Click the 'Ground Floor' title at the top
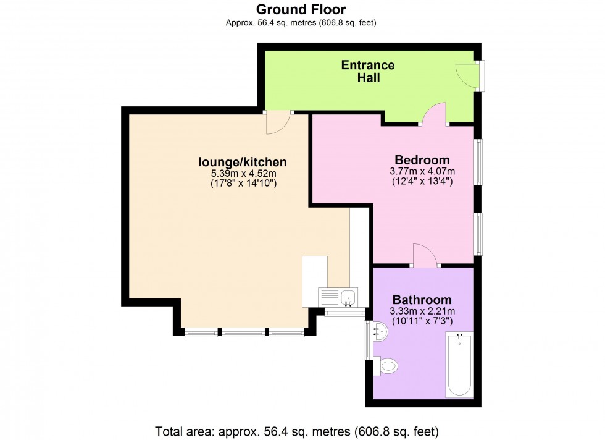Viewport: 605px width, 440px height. point(301,9)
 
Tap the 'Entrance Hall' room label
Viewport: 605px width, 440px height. point(368,72)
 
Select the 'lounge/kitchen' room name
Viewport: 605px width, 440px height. point(242,162)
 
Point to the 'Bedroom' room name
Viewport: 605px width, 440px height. point(422,159)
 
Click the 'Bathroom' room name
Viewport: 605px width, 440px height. point(422,299)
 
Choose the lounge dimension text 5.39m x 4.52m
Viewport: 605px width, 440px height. point(242,174)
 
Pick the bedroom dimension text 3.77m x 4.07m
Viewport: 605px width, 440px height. point(422,171)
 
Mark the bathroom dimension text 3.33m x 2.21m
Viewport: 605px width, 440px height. point(422,311)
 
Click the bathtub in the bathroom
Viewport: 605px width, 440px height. point(459,363)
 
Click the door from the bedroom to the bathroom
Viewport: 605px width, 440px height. point(425,255)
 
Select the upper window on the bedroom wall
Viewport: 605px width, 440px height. point(478,162)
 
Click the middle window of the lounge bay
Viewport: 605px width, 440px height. point(243,332)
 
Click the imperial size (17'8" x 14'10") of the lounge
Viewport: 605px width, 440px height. point(242,184)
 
